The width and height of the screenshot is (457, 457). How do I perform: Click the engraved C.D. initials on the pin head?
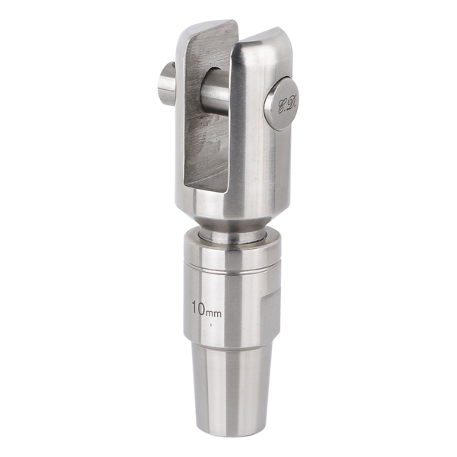(287, 106)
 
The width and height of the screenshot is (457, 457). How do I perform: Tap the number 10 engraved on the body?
(198, 308)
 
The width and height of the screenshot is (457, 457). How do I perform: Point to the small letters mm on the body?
(213, 314)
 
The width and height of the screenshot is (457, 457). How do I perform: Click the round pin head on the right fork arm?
(282, 104)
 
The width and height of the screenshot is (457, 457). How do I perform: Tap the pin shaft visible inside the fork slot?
(215, 91)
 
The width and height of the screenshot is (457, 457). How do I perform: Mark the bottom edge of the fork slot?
(206, 188)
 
